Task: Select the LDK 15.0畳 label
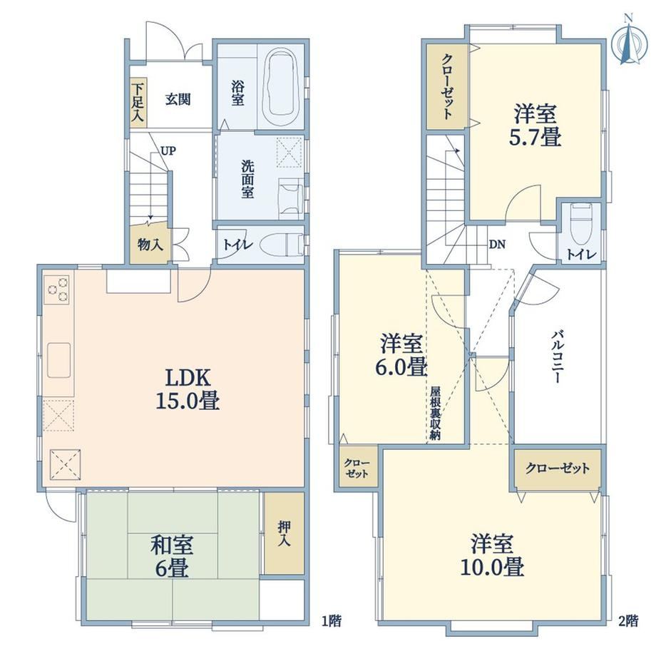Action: (188, 389)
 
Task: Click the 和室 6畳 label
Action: (172, 557)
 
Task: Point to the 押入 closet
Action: (284, 533)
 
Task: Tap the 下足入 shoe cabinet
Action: (138, 103)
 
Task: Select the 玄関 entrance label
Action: (178, 100)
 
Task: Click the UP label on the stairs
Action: (168, 150)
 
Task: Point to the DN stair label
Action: (497, 245)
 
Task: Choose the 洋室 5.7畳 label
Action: (535, 125)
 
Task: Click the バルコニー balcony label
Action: (557, 357)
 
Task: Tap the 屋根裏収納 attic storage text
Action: (436, 414)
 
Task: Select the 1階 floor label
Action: (332, 620)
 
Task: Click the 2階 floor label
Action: (629, 620)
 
